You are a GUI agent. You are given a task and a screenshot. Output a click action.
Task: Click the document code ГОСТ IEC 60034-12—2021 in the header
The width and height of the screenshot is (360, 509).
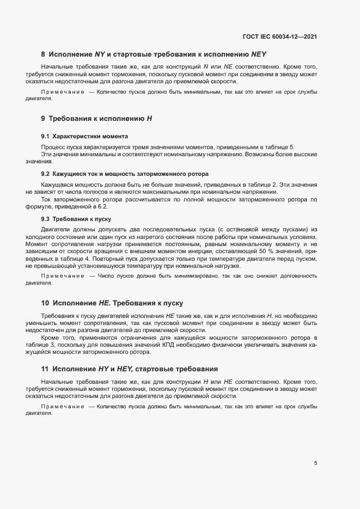coord(279,36)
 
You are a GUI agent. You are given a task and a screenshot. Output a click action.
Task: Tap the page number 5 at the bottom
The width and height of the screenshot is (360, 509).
coord(315,463)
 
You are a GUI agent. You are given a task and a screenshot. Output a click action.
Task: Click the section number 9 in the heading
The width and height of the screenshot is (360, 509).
coord(44,118)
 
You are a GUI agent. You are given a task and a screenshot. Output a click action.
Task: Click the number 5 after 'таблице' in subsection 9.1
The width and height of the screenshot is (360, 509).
coord(292,148)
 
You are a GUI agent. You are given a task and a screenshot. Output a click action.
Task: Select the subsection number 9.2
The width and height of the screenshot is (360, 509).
coord(45,174)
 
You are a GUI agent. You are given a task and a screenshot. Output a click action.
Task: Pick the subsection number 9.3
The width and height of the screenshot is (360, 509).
coord(45,219)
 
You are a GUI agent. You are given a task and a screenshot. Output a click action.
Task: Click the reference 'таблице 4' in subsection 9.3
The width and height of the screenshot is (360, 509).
coord(65,260)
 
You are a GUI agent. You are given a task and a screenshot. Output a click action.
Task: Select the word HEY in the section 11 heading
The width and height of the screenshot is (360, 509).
coord(127,369)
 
